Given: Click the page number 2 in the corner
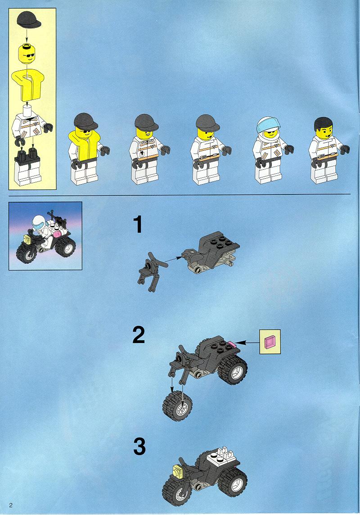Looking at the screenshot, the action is [11, 505].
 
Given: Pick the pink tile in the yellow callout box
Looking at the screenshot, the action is [270, 342].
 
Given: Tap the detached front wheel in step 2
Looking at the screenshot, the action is [178, 406].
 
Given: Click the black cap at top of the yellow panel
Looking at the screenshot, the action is [29, 20].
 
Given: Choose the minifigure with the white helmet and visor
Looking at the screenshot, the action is [271, 150].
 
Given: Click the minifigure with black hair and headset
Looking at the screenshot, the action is [326, 150].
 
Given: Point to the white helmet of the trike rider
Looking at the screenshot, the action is [38, 222].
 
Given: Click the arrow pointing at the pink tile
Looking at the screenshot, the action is [248, 343].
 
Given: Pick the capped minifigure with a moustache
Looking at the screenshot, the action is [147, 149].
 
